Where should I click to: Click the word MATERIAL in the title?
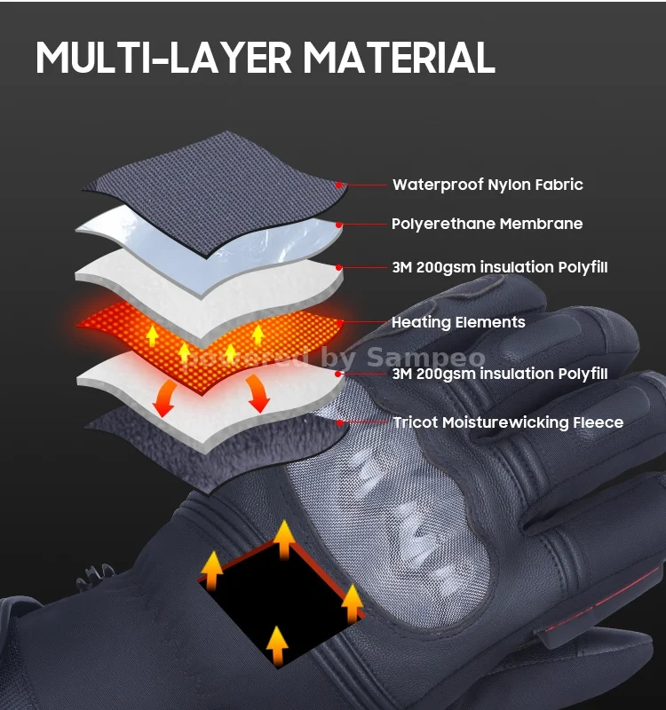coord(399,58)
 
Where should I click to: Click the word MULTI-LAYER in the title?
coord(163,58)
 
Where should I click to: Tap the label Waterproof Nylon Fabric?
coord(488,185)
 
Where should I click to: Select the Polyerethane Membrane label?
coord(487,224)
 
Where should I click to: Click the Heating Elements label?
coord(458,322)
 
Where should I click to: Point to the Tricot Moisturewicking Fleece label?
coord(508,422)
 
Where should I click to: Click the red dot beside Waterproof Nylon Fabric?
coord(339,185)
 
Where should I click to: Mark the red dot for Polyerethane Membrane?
coord(339,225)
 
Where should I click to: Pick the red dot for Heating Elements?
coord(340,322)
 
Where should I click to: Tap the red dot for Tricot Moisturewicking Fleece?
coord(339,423)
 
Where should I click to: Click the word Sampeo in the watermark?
coord(426,358)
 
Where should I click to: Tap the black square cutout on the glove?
coord(281,598)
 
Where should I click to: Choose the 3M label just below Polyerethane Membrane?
coord(500,267)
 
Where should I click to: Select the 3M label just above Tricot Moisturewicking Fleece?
coord(500,374)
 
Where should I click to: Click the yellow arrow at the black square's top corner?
coord(283,539)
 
